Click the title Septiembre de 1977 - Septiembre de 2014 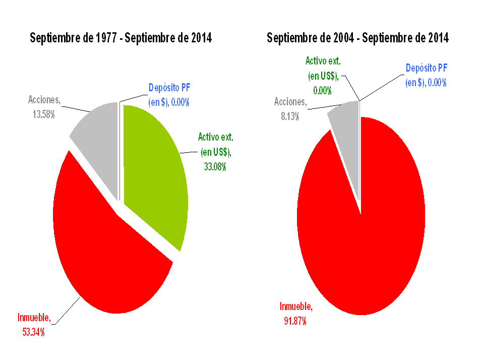coord(120,38)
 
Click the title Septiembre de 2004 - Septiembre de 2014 coord(357,38)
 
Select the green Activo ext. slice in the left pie coord(154,171)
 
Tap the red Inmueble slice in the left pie coord(106,252)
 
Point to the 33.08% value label coord(215,166)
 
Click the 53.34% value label coord(33,332)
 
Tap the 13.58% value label coord(43,114)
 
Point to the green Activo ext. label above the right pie coord(323,62)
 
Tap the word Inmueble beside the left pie coord(34,318)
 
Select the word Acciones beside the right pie coord(290,102)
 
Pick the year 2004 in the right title coord(343,38)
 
